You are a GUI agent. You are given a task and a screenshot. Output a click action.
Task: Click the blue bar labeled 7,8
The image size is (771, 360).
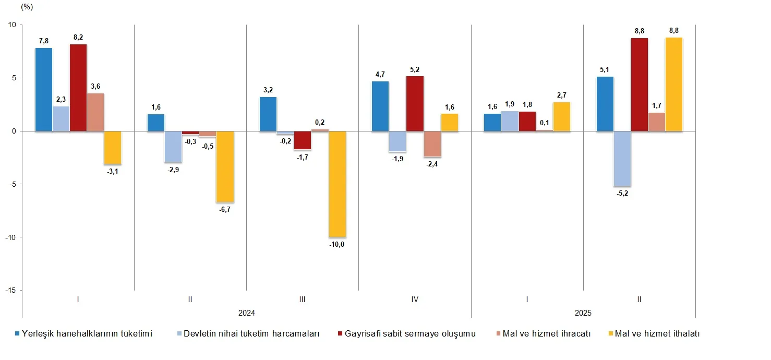click(x=44, y=89)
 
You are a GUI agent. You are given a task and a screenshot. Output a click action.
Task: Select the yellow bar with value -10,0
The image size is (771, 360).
click(x=337, y=184)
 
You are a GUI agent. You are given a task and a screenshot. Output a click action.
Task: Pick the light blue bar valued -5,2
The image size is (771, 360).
click(x=622, y=159)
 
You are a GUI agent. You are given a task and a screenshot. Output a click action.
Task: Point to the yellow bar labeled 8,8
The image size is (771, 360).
click(x=674, y=84)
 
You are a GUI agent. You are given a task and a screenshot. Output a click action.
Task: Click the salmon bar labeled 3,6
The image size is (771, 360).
click(x=95, y=112)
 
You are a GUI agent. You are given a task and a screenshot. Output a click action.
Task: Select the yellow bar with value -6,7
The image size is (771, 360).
click(x=225, y=166)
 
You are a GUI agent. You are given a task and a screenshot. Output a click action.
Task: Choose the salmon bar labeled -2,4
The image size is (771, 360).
click(x=432, y=144)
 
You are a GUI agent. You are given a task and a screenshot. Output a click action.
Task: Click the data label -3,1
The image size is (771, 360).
click(x=113, y=172)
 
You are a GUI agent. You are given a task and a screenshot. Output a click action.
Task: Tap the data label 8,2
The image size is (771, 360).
click(x=78, y=37)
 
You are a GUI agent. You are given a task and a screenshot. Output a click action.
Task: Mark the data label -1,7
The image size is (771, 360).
click(x=303, y=157)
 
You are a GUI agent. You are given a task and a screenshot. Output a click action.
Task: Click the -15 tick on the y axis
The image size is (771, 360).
click(x=10, y=290)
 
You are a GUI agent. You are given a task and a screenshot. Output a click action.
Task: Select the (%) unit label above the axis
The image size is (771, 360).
click(x=26, y=7)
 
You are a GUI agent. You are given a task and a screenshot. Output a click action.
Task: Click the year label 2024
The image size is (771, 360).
click(x=246, y=313)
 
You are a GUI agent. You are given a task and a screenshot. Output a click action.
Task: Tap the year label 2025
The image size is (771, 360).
click(x=583, y=313)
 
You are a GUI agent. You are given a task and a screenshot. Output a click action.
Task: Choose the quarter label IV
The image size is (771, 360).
click(x=415, y=299)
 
